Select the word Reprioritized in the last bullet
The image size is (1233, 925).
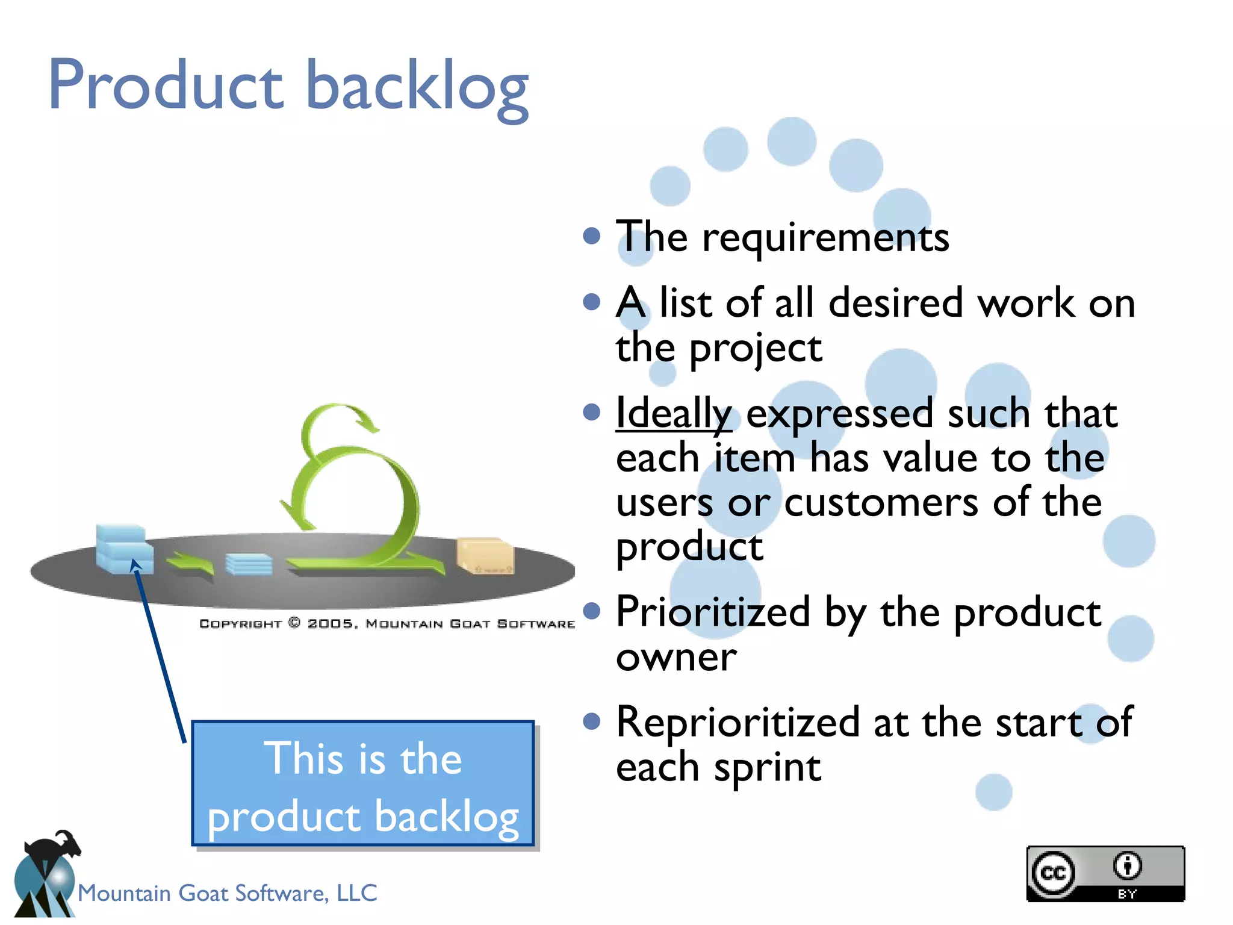coord(738,723)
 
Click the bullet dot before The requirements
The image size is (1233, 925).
coord(592,235)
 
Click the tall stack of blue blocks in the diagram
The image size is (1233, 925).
coord(123,548)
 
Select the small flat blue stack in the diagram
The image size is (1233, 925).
coord(249,564)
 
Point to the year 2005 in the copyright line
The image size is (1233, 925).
coord(331,624)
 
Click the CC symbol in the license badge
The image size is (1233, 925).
coord(1053,873)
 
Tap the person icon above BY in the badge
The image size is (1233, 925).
coord(1127,866)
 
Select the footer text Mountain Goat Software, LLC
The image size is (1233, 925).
coord(228,893)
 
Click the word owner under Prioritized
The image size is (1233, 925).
coord(676,657)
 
